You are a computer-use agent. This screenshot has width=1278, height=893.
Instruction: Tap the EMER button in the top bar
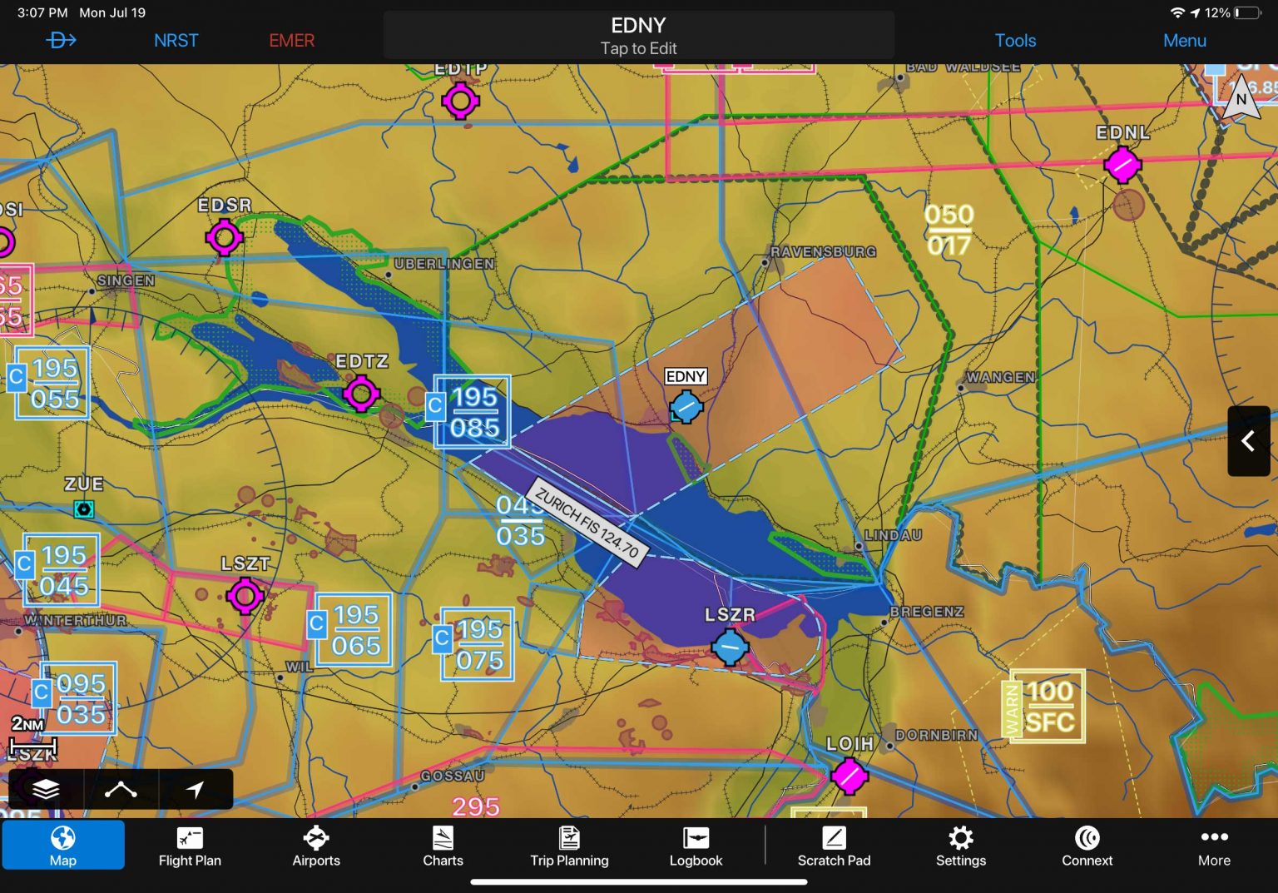point(291,40)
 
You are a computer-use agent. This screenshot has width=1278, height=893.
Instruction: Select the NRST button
point(176,40)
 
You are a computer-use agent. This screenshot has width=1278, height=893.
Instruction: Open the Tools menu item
point(1015,40)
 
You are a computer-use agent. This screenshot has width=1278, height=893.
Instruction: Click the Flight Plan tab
point(190,846)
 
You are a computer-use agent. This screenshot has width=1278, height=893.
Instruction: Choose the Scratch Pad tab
point(834,846)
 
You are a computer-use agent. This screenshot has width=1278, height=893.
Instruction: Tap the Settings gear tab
point(960,846)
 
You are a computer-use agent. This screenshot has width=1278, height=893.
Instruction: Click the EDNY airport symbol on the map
point(686,407)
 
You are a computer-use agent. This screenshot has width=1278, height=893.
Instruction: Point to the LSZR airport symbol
point(730,647)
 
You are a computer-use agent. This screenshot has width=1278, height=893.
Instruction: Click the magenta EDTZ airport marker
point(361,393)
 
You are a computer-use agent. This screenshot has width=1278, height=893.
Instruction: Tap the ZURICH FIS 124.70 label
point(587,523)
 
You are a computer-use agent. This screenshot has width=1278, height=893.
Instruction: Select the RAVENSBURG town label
point(823,251)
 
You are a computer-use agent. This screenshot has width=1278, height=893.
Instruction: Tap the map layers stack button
point(46,789)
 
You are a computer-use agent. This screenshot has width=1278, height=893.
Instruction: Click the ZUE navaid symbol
point(83,509)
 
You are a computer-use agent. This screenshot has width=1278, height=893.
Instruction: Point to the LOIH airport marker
point(850,776)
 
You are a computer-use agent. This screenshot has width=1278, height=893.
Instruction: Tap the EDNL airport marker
point(1122,164)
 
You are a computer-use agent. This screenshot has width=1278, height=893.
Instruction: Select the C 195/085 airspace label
point(472,412)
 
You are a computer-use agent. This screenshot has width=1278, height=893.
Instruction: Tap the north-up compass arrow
point(1241,100)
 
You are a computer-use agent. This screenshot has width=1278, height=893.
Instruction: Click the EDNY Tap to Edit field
point(638,36)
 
